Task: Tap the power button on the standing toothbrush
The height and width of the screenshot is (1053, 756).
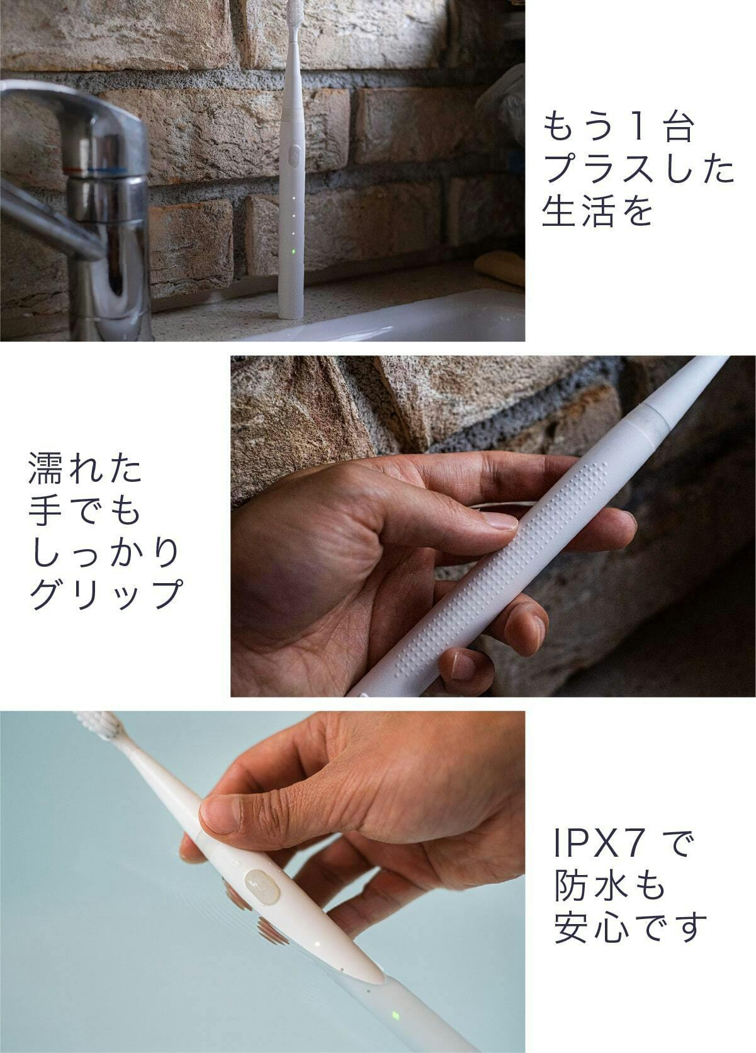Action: click(x=295, y=156)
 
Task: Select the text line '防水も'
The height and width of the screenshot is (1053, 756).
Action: click(x=610, y=885)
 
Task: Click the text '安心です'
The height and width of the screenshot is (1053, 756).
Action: click(x=630, y=927)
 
